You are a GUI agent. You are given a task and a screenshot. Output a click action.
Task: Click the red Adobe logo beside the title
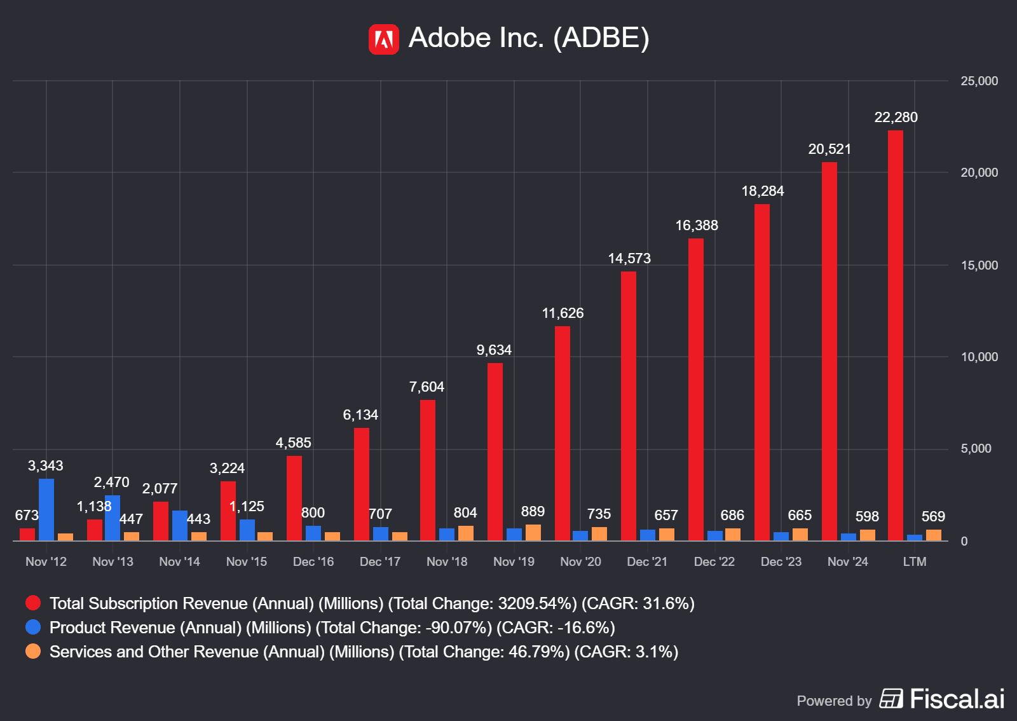[383, 39]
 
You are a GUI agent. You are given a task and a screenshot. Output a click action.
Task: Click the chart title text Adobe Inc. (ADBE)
[529, 38]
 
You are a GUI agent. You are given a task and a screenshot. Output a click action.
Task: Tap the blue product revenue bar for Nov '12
[46, 509]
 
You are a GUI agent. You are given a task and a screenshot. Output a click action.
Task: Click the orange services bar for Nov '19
[533, 533]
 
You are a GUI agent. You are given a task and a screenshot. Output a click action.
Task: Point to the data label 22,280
[896, 118]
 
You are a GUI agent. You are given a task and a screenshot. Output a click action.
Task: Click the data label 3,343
[46, 466]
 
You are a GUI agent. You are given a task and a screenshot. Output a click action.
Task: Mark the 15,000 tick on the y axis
[979, 265]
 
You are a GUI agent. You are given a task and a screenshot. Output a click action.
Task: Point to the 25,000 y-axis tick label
[979, 81]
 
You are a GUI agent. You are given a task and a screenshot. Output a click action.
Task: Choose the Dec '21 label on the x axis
[647, 561]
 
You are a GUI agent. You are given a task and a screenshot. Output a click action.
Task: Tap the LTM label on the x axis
[915, 561]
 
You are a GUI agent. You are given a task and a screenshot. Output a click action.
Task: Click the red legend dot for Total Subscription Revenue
[33, 603]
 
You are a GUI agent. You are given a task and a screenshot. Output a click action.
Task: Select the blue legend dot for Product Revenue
[33, 627]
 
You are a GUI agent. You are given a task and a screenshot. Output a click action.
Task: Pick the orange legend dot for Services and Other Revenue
[33, 651]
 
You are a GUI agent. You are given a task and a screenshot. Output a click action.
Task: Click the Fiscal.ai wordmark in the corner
[957, 699]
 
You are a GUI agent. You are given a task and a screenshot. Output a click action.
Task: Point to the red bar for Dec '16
[294, 498]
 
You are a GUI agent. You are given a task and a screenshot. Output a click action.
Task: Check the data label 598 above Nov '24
[867, 516]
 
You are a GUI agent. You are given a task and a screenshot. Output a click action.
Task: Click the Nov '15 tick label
[247, 561]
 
